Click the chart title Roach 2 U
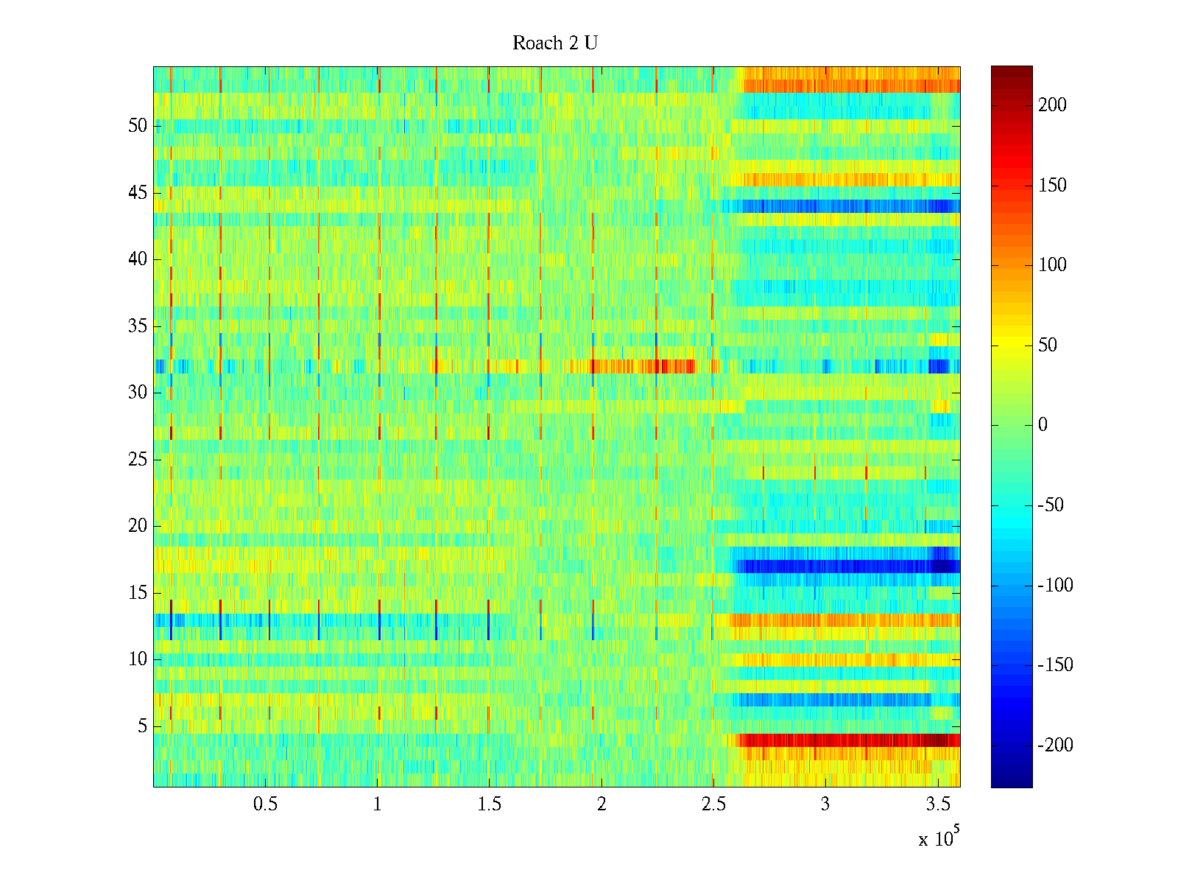[554, 43]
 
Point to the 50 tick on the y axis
[138, 125]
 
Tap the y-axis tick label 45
[138, 193]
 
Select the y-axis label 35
[138, 326]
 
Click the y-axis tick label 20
[138, 526]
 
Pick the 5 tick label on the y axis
[142, 726]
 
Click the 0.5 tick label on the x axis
[265, 804]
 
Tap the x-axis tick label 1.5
[489, 804]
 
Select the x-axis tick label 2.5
[713, 804]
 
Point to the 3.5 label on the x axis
[937, 804]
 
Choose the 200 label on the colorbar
[1052, 105]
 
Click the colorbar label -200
[1055, 746]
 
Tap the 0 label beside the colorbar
[1043, 425]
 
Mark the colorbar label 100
[1052, 265]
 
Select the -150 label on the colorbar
[1055, 665]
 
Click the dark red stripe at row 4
[847, 740]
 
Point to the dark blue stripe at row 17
[847, 566]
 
